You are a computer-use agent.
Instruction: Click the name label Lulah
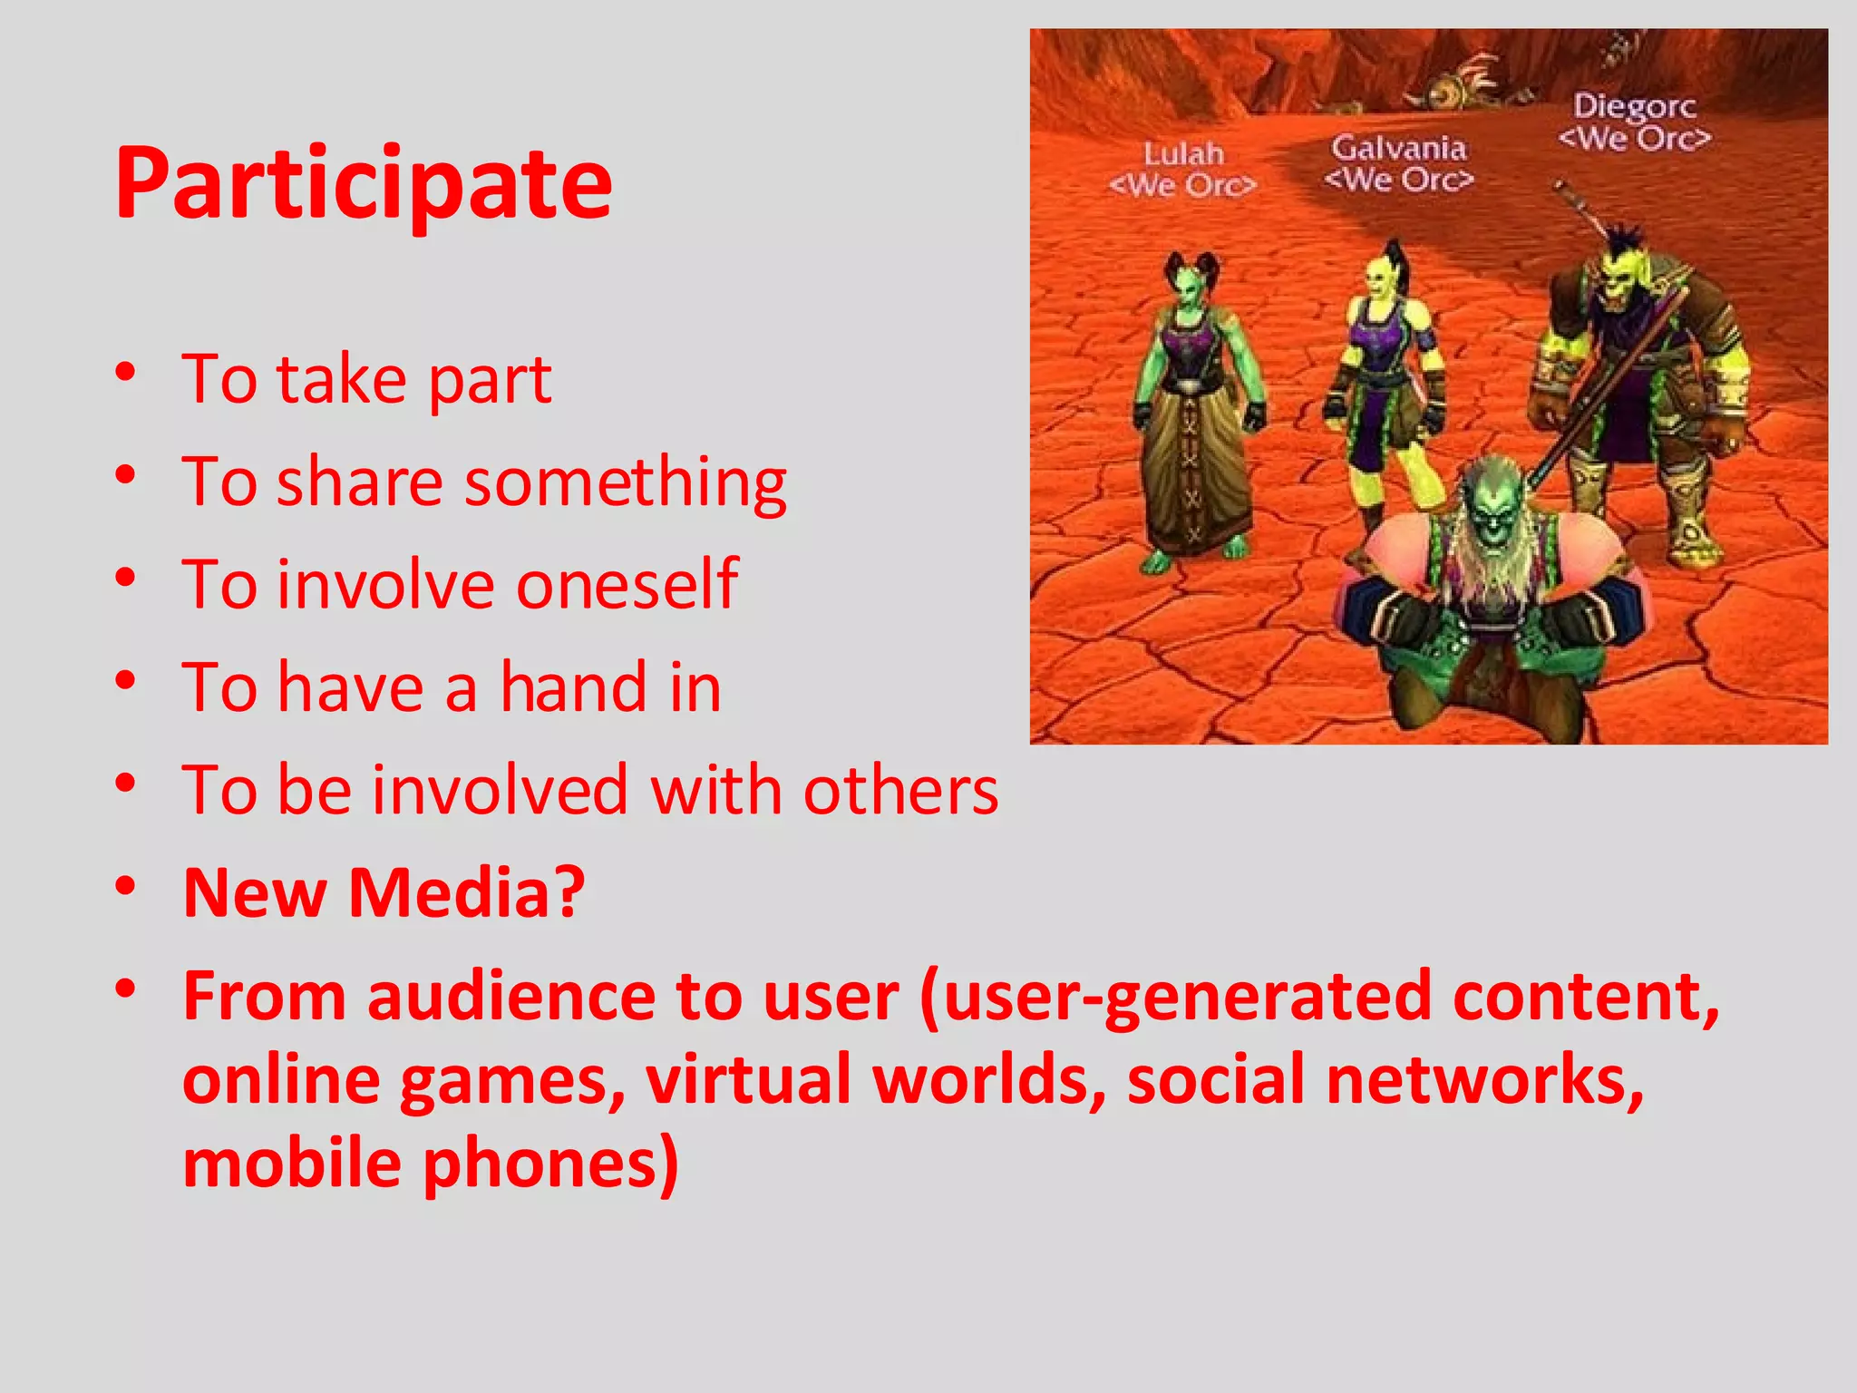1183,154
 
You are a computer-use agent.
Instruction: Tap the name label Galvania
1398,147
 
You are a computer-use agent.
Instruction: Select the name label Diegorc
1634,106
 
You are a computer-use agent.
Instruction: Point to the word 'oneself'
627,584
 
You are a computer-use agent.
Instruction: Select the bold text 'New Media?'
384,893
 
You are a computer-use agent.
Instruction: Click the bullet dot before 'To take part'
126,372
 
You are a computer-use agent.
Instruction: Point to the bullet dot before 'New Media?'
126,885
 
